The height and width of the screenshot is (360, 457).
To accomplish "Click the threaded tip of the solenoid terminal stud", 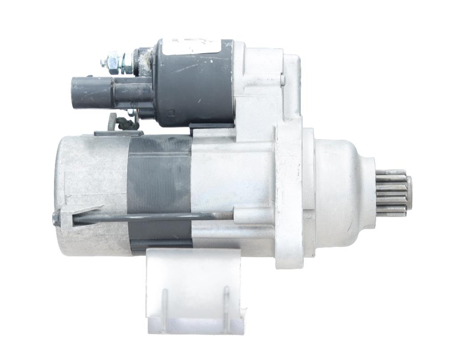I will coord(104,63).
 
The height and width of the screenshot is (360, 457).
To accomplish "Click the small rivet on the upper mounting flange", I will coord(283,80).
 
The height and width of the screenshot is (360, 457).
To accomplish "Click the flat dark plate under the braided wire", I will coord(118,133).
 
